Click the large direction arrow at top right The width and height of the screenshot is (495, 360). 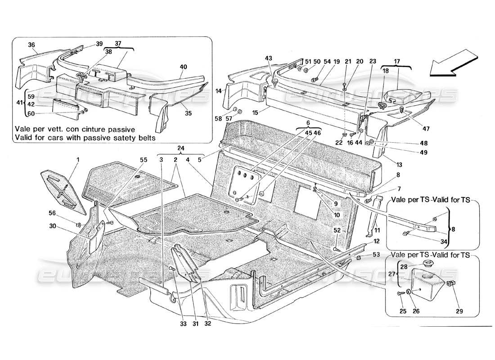pyautogui.click(x=453, y=63)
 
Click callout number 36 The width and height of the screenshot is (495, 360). pyautogui.click(x=31, y=45)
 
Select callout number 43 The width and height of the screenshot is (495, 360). pyautogui.click(x=269, y=58)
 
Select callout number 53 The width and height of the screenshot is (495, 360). pyautogui.click(x=376, y=255)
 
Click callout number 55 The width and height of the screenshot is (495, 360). pyautogui.click(x=144, y=159)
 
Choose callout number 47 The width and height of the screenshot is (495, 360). pyautogui.click(x=426, y=129)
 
